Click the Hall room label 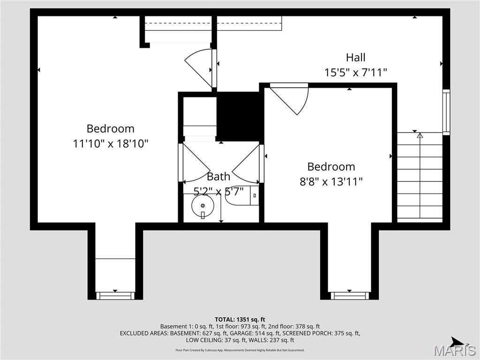coord(355,58)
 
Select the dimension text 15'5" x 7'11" coord(355,73)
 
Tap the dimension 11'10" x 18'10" coord(111,143)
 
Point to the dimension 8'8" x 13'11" coord(331,181)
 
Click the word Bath coord(218,177)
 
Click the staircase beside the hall coord(420,178)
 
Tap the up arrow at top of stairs coord(420,135)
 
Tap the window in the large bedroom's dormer coord(115,296)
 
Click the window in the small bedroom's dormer coord(350,296)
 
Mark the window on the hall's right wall coord(446,112)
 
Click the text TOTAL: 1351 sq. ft coord(240,320)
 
